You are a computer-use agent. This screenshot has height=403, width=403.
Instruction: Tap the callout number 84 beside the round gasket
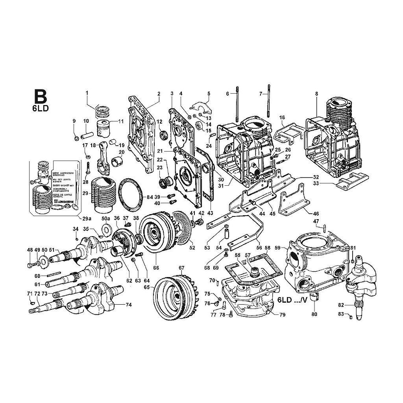coord(149,196)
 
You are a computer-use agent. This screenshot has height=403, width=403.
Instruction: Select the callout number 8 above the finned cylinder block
coord(316,93)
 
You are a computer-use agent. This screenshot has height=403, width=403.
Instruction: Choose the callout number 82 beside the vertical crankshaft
coord(341,305)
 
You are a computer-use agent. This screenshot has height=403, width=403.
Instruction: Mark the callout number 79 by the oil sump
coord(282,315)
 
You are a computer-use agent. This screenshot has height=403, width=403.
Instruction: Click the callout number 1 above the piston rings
coord(87,93)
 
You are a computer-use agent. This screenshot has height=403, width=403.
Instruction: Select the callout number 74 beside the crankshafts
coord(128,305)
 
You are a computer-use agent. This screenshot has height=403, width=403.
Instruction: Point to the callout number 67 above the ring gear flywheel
coord(181,268)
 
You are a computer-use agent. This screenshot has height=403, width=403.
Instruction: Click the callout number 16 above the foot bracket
coord(282,117)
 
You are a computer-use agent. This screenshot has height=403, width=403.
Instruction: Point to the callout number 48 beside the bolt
coord(30,250)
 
